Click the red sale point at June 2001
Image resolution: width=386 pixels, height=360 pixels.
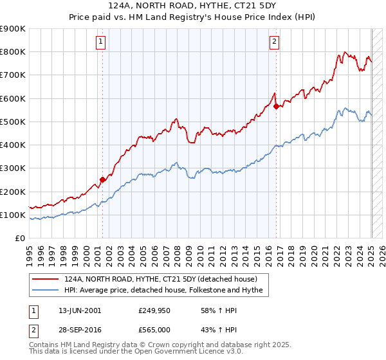click(x=102, y=179)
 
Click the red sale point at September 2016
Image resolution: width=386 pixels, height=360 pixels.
click(x=276, y=106)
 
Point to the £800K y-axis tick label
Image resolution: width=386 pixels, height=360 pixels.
click(x=12, y=52)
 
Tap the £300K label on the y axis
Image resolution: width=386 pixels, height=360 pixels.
click(x=12, y=168)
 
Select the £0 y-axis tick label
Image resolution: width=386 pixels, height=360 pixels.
click(x=19, y=239)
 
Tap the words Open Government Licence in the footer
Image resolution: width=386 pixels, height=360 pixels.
click(x=183, y=353)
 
